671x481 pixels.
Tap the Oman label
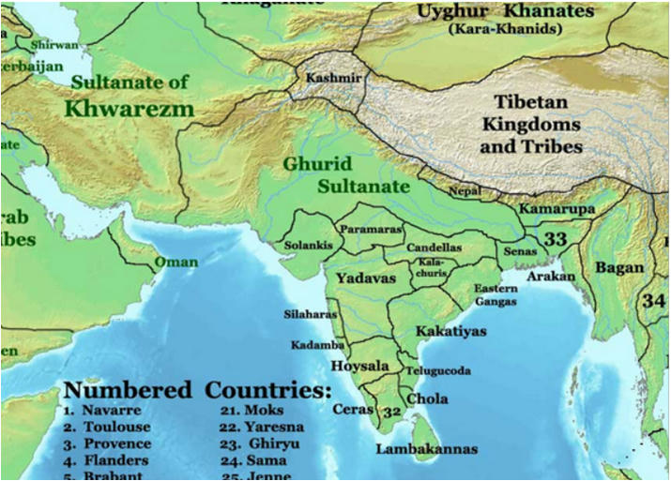click(176, 262)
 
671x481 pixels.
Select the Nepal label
click(465, 191)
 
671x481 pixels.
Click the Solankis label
click(307, 245)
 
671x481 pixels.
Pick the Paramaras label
click(371, 229)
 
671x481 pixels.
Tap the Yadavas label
click(366, 278)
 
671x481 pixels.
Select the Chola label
click(427, 398)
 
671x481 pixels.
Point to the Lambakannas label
click(427, 449)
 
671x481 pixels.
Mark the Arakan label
click(552, 278)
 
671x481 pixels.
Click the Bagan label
click(619, 268)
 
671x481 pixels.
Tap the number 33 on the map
click(556, 239)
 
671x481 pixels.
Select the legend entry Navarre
click(111, 410)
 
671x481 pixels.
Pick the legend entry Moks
click(264, 410)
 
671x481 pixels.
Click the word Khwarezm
click(130, 109)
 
